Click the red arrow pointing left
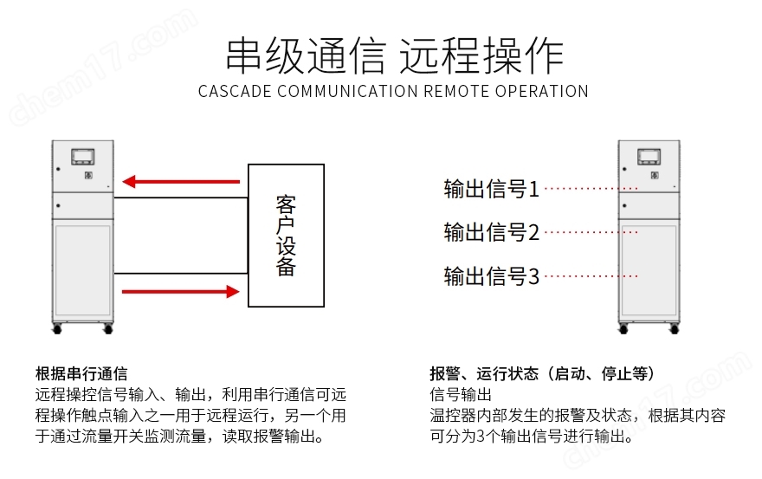click(x=180, y=182)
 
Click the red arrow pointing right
click(x=180, y=292)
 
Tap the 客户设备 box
click(x=286, y=235)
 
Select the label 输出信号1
click(x=491, y=189)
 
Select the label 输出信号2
click(x=491, y=232)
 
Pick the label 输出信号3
click(x=491, y=276)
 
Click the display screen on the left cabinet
click(x=85, y=156)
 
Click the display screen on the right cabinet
click(x=649, y=156)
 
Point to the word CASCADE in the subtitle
click(x=229, y=92)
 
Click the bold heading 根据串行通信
click(x=81, y=374)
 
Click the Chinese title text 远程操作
click(x=481, y=55)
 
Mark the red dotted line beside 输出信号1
click(x=592, y=188)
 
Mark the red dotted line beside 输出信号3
click(x=592, y=276)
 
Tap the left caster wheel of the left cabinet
click(x=58, y=328)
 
